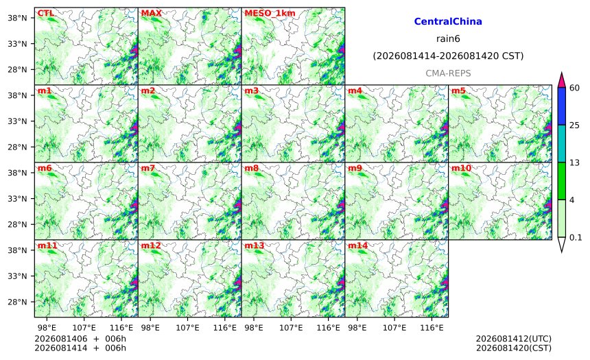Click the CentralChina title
(x=448, y=21)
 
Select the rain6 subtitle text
(x=448, y=39)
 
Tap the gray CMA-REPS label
(x=448, y=73)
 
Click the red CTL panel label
(x=45, y=13)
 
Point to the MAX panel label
(x=151, y=13)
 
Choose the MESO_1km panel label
(x=270, y=14)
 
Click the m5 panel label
(x=458, y=91)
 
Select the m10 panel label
(x=461, y=168)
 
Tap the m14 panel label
(x=357, y=245)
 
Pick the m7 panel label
(x=148, y=168)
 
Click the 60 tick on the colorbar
(x=574, y=88)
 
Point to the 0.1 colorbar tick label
(x=576, y=237)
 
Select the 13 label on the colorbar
(x=574, y=163)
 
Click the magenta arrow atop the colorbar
(x=561, y=80)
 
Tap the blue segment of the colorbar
(x=561, y=106)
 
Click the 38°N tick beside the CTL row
(x=17, y=18)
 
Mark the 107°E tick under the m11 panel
(x=84, y=328)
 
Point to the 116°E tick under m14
(x=432, y=328)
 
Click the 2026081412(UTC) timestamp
(x=514, y=339)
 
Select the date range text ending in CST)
(x=448, y=56)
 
